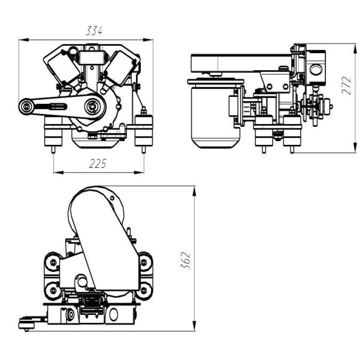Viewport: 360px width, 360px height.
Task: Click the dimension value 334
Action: point(94,31)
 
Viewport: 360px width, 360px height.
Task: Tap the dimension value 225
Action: point(98,164)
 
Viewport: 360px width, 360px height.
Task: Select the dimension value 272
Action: point(347,85)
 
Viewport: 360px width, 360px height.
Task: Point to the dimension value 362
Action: point(186,261)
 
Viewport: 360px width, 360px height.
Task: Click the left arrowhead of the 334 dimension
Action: point(24,40)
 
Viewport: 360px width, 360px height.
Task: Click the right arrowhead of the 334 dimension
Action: point(148,40)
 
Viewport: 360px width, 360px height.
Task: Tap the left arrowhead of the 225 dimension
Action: point(59,172)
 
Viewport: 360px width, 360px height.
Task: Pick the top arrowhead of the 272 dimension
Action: point(355,48)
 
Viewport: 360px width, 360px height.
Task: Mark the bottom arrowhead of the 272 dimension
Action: point(355,147)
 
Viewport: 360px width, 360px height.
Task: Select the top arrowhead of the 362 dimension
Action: point(194,191)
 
